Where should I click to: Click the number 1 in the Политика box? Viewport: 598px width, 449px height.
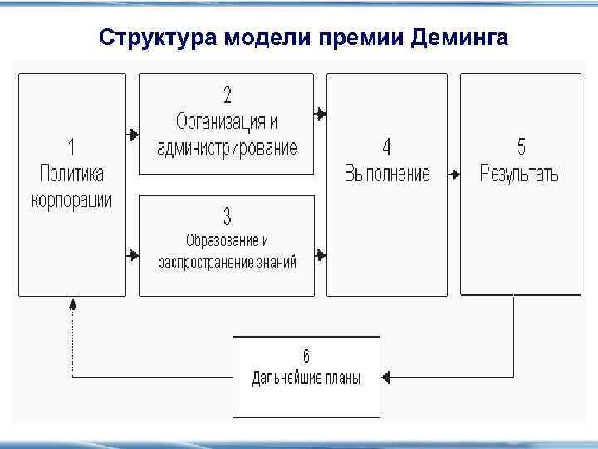[x=71, y=147]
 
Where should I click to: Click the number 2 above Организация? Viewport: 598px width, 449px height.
[x=227, y=94]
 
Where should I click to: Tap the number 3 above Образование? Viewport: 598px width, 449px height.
[x=227, y=217]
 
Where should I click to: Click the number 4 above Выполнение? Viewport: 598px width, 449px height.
[x=387, y=147]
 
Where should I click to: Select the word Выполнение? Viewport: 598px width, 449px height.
[x=387, y=174]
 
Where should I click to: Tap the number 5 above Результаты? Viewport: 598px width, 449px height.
[x=521, y=147]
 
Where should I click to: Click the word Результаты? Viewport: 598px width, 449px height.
[x=521, y=174]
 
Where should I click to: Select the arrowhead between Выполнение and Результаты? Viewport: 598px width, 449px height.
[x=453, y=175]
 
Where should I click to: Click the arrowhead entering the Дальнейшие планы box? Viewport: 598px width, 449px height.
[x=387, y=377]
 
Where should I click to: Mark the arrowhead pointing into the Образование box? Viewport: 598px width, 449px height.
[x=133, y=253]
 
